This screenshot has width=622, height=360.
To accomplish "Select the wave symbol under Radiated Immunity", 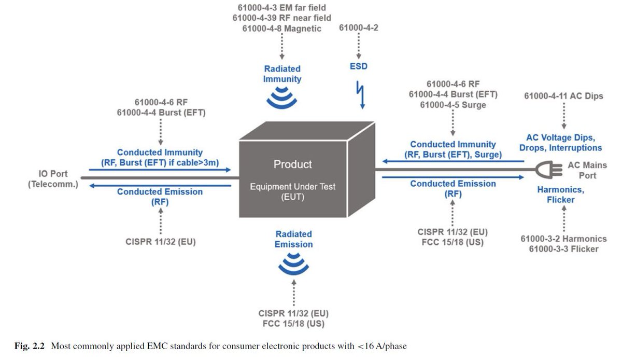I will click(282, 98).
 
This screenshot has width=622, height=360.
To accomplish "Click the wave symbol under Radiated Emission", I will click(289, 265).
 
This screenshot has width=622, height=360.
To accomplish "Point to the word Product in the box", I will click(293, 164).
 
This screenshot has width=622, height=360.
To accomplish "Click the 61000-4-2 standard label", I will click(359, 28).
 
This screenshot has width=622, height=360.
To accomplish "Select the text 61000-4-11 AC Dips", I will click(563, 96).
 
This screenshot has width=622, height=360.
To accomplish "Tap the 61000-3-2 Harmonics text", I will click(563, 239).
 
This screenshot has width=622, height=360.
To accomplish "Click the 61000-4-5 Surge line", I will click(453, 105).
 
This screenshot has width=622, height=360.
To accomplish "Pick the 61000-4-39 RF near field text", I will click(281, 18).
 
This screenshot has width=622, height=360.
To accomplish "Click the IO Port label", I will click(53, 174).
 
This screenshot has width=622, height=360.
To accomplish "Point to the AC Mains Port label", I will click(587, 171).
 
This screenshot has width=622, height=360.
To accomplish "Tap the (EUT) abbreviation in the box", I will click(293, 198).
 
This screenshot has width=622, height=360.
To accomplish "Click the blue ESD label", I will click(359, 66).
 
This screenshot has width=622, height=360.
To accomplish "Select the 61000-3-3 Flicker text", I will click(563, 250).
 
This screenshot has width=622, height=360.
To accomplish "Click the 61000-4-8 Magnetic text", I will click(281, 29).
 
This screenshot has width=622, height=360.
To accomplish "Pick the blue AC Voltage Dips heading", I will click(560, 138).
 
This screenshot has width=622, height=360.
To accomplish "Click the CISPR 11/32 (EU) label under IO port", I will click(161, 241).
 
